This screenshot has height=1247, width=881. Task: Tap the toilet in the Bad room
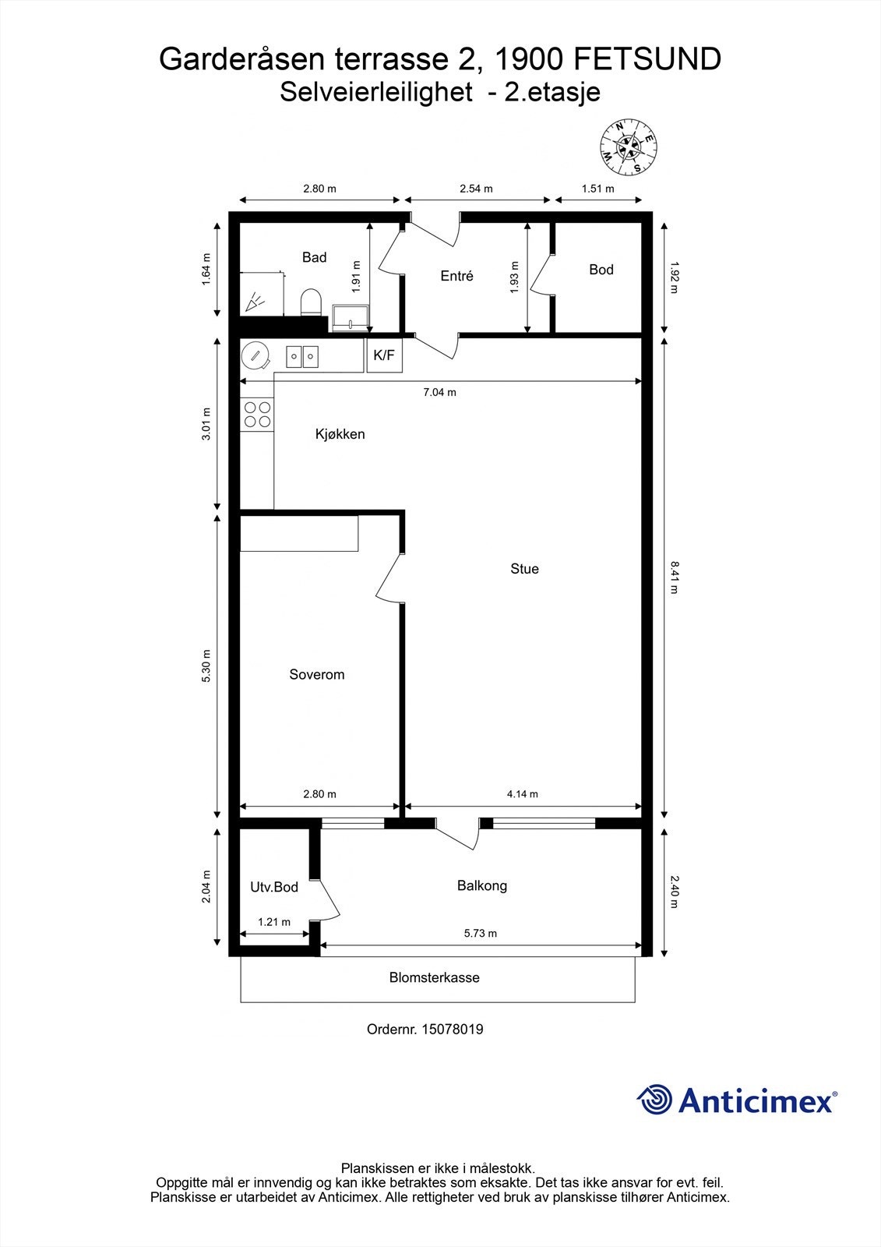click(311, 302)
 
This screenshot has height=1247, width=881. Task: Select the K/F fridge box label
click(384, 356)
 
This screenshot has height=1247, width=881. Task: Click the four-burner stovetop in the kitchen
click(257, 414)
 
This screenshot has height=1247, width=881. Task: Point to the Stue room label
click(524, 569)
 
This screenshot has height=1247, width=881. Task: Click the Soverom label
click(316, 675)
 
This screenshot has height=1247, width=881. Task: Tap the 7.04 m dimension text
click(439, 392)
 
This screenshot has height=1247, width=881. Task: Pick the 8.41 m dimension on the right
click(674, 578)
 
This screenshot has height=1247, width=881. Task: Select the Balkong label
click(482, 885)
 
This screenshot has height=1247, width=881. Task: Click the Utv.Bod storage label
click(274, 887)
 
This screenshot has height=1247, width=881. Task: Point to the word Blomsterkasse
click(435, 977)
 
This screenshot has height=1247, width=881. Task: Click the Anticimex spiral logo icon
click(654, 1100)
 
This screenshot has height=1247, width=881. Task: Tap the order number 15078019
click(452, 1030)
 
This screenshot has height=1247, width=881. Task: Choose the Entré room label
click(456, 276)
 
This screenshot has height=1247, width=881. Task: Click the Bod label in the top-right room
click(601, 270)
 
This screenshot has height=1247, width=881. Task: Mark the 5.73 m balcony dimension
click(481, 933)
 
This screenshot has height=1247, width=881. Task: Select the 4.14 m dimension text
click(523, 794)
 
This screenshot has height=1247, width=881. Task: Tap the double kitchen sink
click(301, 357)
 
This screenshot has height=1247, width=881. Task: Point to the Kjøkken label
click(340, 434)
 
